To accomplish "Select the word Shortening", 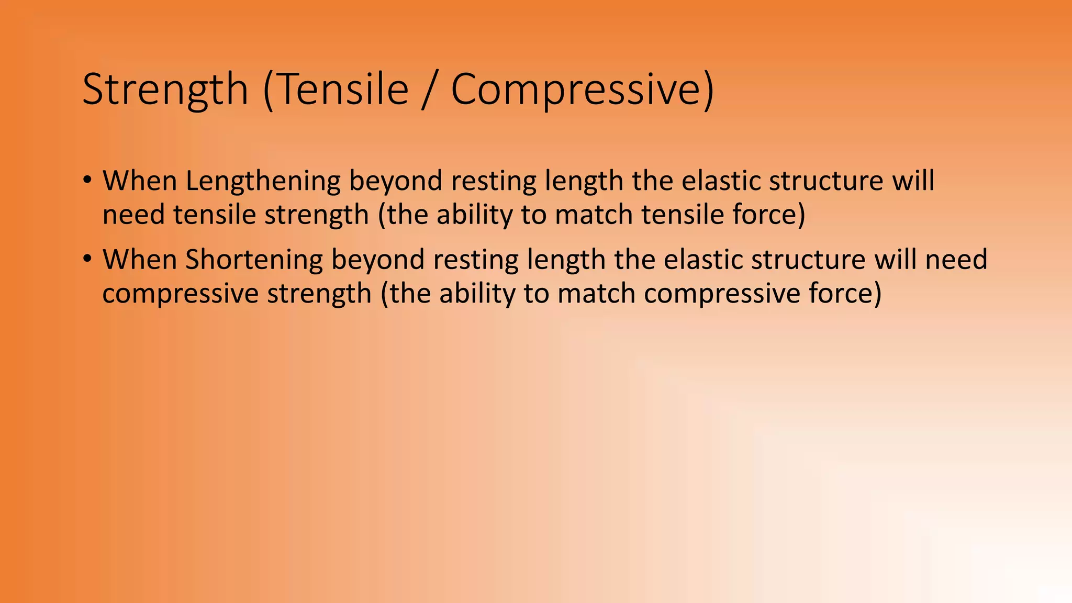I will pyautogui.click(x=254, y=260).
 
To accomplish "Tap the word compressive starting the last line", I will pyautogui.click(x=180, y=294).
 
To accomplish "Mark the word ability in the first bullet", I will pyautogui.click(x=474, y=215).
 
